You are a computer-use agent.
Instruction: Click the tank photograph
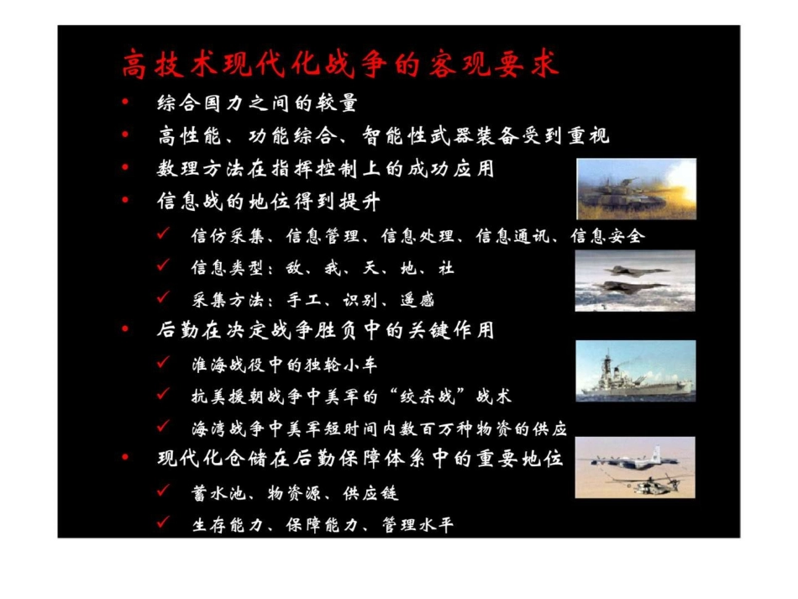tap(635, 189)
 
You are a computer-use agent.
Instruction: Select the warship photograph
tap(635, 370)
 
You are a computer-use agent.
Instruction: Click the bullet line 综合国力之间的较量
tap(257, 103)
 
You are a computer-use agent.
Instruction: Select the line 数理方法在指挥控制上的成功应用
tap(325, 169)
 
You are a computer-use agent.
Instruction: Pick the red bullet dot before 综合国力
tap(125, 103)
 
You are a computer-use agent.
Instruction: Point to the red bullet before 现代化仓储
tap(125, 458)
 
